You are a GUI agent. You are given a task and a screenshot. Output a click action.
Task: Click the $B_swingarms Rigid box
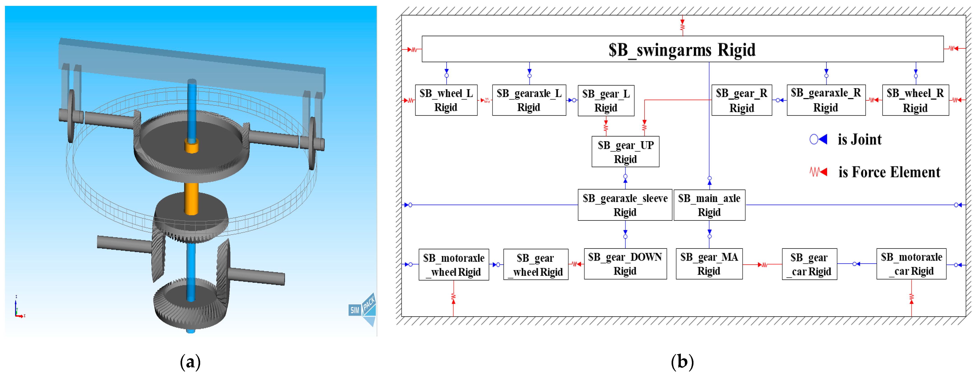[682, 49]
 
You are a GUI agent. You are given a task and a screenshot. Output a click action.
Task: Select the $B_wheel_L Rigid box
[446, 100]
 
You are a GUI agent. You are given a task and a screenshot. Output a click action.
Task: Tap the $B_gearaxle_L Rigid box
[529, 100]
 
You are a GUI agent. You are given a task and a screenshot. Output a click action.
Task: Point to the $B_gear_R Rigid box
[742, 100]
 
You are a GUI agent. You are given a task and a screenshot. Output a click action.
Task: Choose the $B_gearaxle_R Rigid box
[826, 100]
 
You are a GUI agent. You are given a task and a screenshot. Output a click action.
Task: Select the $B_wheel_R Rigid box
[915, 100]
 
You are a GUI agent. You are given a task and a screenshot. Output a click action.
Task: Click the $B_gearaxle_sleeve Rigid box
[625, 205]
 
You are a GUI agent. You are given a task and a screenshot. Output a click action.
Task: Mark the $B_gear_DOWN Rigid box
[625, 264]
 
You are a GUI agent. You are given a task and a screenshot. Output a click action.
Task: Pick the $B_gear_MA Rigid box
[709, 264]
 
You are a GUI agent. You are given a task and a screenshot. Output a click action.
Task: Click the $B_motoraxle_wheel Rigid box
[454, 264]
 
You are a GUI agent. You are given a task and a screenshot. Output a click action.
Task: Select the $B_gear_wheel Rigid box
[536, 264]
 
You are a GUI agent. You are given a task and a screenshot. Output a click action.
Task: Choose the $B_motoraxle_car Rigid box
[911, 264]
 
